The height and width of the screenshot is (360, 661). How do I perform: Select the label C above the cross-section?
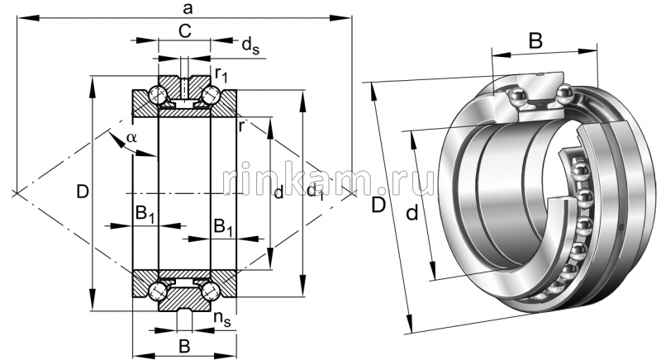pyautogui.click(x=185, y=32)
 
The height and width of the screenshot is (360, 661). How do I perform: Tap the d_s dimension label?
pyautogui.click(x=251, y=46)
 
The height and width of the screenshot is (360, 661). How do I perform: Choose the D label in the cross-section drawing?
pyautogui.click(x=81, y=193)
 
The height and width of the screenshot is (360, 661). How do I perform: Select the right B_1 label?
pyautogui.click(x=223, y=226)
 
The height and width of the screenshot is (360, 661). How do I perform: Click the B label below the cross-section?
pyautogui.click(x=184, y=344)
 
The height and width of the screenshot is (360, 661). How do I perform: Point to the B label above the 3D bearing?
pyautogui.click(x=535, y=40)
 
